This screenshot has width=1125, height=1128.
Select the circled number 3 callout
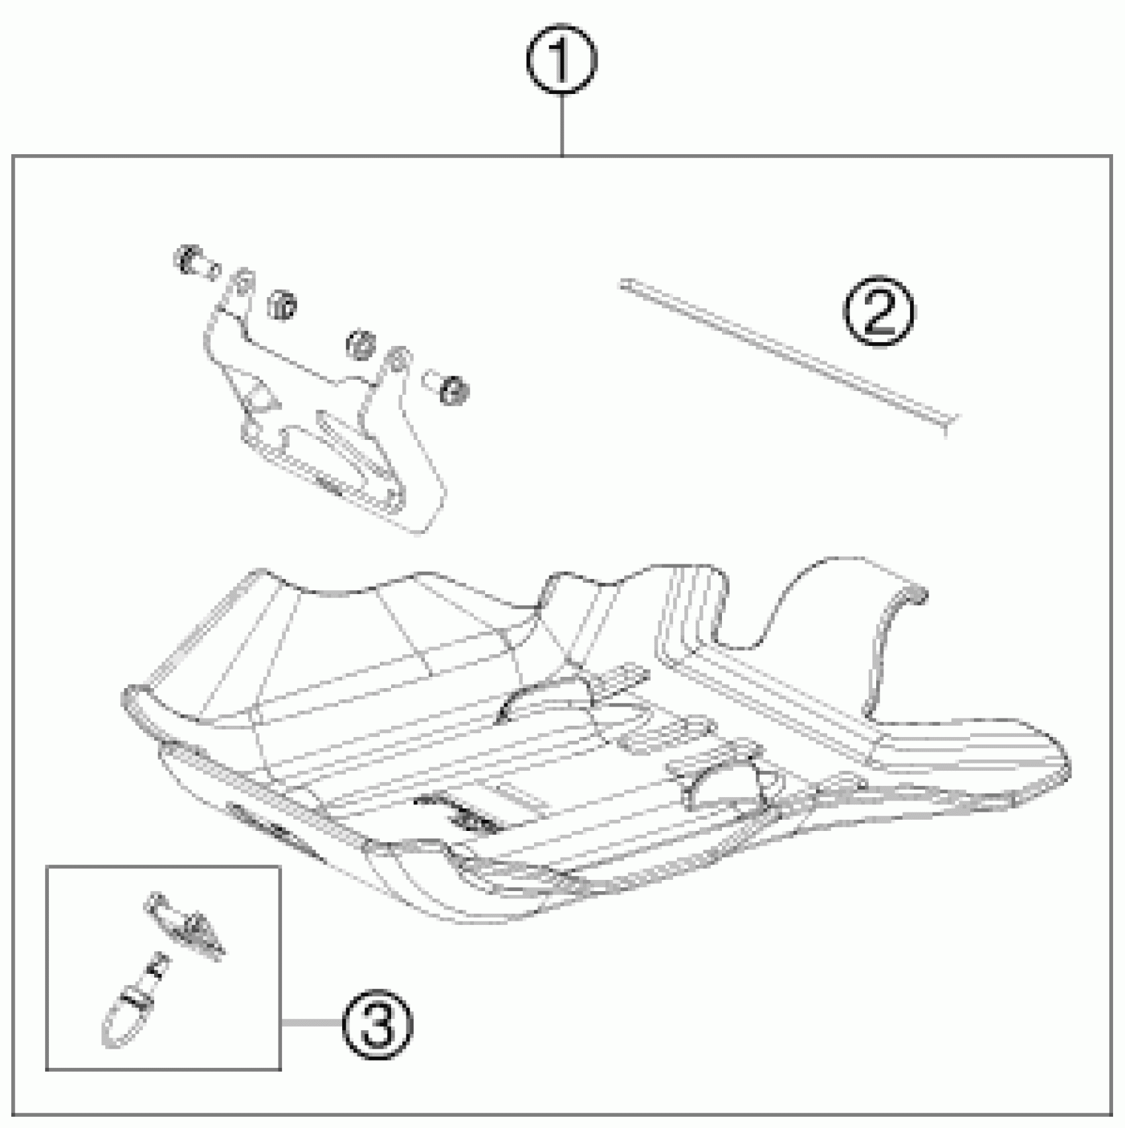click(x=377, y=1023)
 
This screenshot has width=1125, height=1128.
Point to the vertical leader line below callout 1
click(x=561, y=126)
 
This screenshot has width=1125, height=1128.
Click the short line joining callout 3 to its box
click(x=311, y=1023)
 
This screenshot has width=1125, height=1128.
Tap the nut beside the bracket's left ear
click(x=283, y=305)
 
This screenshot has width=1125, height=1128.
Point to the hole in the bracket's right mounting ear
click(x=396, y=361)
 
